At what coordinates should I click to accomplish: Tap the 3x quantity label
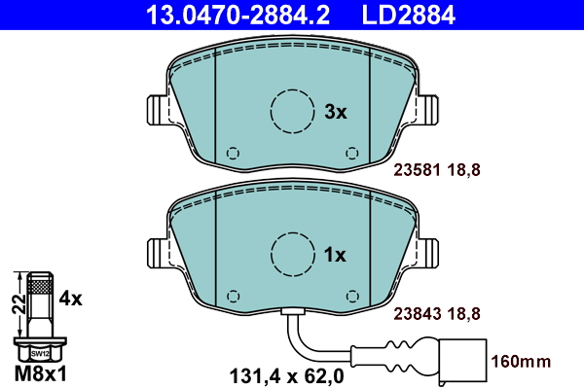coord(335,113)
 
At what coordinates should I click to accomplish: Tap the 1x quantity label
coord(335,255)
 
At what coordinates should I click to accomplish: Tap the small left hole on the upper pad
coord(232,153)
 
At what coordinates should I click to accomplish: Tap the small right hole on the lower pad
coord(351,296)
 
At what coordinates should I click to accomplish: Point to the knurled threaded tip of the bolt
coord(38,283)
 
